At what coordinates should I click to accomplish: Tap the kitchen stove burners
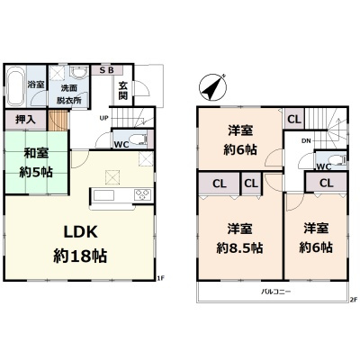(x=142, y=194)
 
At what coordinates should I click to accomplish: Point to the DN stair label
(x=305, y=139)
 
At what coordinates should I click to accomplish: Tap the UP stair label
(x=103, y=117)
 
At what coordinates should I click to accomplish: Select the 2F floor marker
(x=353, y=300)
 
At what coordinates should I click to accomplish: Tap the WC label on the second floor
(x=323, y=166)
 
